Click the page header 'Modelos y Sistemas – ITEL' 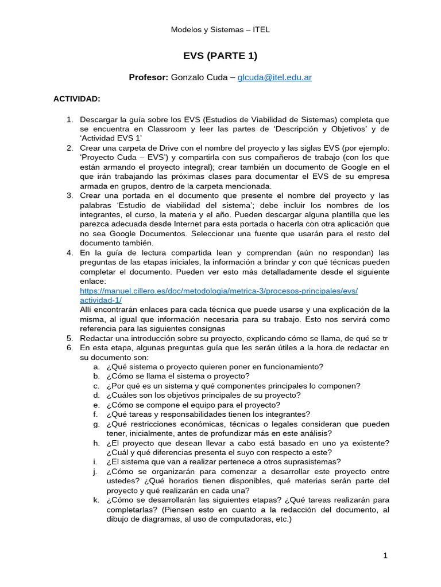click(220, 30)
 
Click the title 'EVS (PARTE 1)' click(220, 56)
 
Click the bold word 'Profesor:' click(148, 77)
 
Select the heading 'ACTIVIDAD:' click(77, 99)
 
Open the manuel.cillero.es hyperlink click(219, 291)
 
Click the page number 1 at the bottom click(386, 555)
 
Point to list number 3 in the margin click(69, 195)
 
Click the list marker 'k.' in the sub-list click(96, 500)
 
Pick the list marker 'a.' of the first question click(96, 366)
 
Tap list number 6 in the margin click(69, 347)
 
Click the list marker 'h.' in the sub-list click(96, 443)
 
